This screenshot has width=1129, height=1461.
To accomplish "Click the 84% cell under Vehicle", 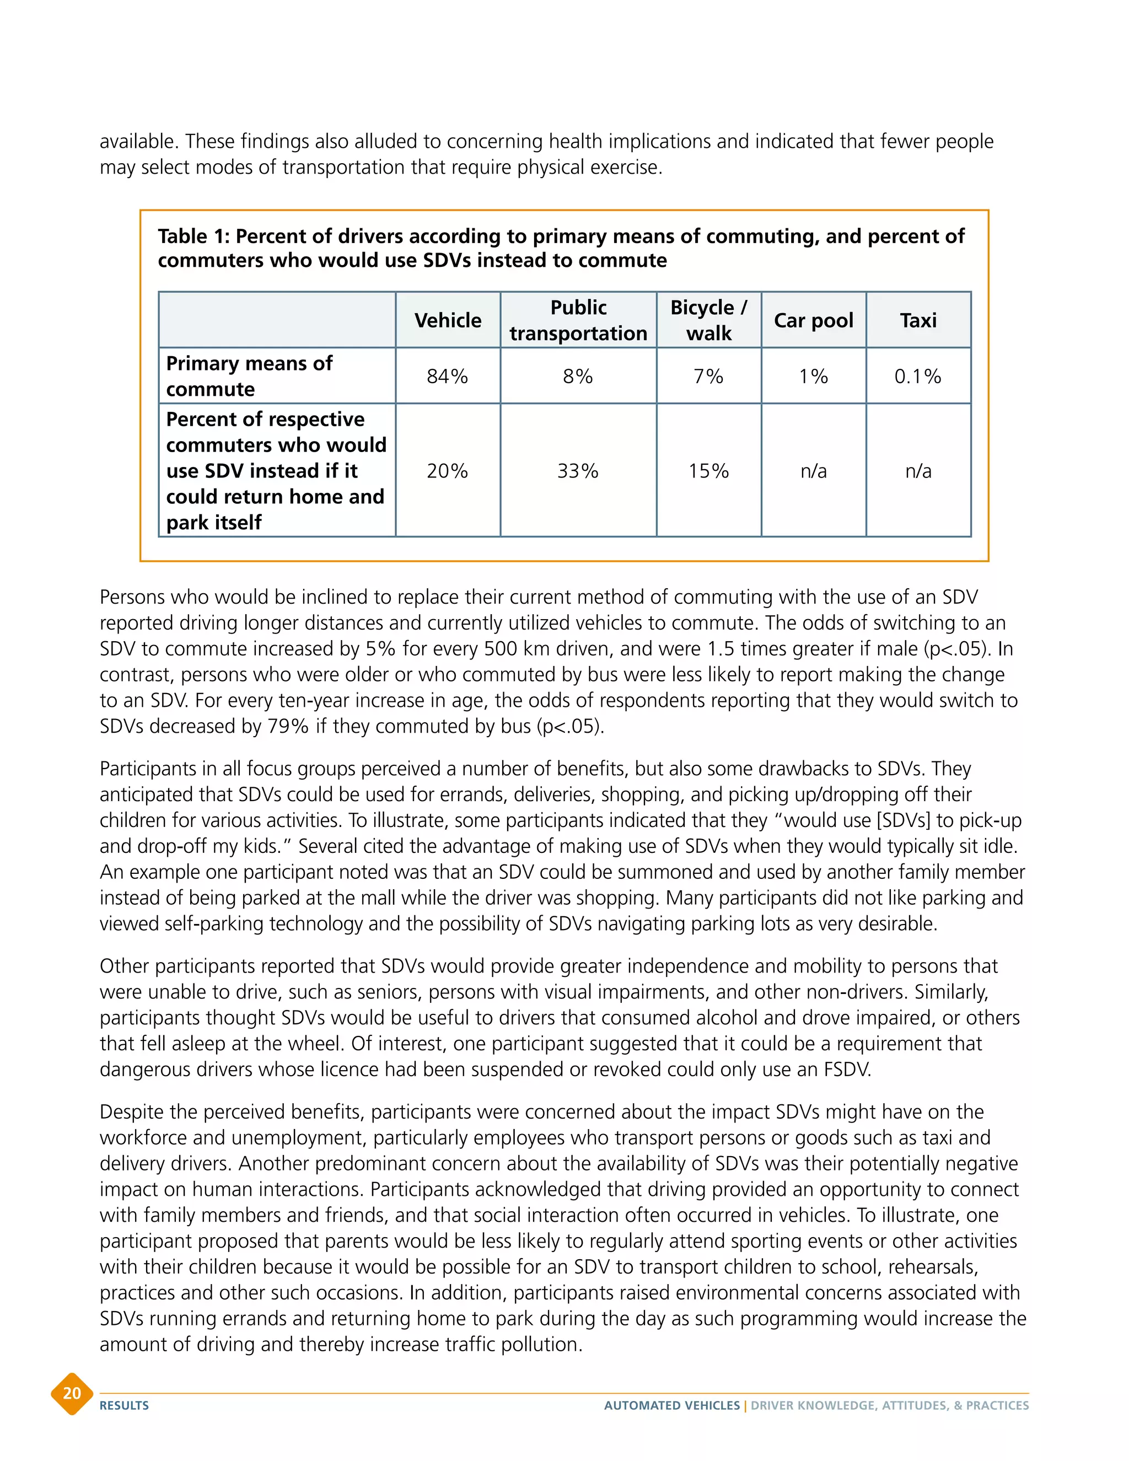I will (x=448, y=376).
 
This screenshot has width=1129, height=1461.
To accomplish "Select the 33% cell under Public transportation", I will (x=578, y=471).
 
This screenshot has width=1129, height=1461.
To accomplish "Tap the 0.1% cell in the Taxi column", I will (x=918, y=376).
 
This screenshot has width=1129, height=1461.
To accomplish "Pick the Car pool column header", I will (x=813, y=320).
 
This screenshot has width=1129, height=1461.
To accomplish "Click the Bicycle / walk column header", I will (x=708, y=320).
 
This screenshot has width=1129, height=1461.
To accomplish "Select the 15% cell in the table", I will (x=708, y=471).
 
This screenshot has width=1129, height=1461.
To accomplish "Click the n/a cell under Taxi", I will (x=918, y=471).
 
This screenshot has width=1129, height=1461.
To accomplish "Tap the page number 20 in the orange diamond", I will (x=72, y=1393).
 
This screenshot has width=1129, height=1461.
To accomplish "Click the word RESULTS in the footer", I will (x=125, y=1405).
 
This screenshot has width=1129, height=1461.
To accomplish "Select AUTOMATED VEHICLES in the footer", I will (x=671, y=1405).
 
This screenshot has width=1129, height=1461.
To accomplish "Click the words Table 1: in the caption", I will (x=193, y=236).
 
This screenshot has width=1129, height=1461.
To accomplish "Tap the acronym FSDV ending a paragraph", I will (x=847, y=1070).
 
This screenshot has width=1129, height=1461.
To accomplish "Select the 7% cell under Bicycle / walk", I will (x=708, y=376).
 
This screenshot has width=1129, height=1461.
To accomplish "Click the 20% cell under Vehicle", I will (x=448, y=471).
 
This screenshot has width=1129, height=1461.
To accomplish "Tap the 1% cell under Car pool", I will (x=813, y=376).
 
